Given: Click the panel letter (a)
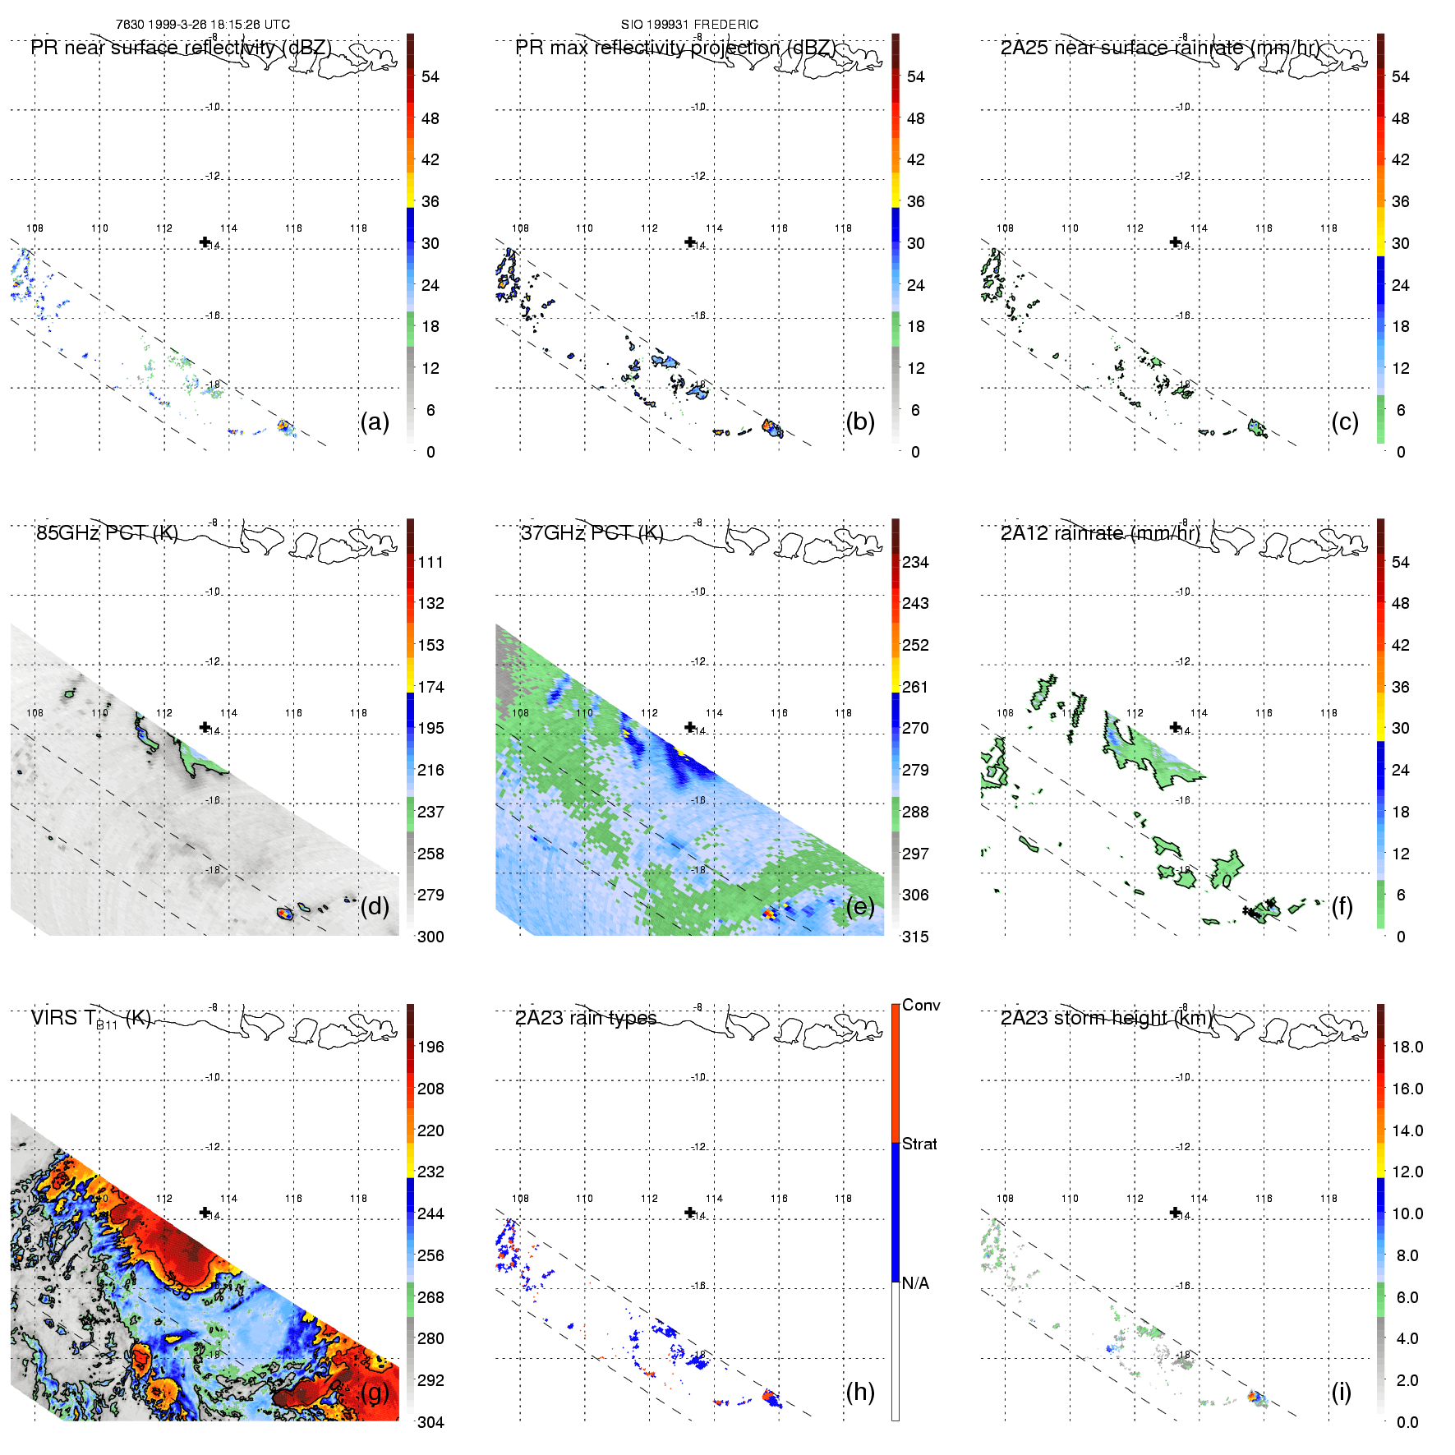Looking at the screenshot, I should pyautogui.click(x=374, y=422).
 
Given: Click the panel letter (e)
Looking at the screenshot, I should pyautogui.click(x=859, y=907).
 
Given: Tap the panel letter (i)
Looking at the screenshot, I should pyautogui.click(x=1341, y=1392).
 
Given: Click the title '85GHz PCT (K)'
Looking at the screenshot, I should pyautogui.click(x=107, y=532).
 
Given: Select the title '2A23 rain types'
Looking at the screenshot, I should pyautogui.click(x=586, y=1018).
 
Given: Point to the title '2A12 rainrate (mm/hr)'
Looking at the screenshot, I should pyautogui.click(x=1100, y=532).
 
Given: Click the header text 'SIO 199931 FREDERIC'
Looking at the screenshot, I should pyautogui.click(x=689, y=25).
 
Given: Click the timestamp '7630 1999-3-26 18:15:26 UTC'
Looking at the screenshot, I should pyautogui.click(x=203, y=25).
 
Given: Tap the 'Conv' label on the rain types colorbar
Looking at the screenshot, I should pyautogui.click(x=921, y=1005).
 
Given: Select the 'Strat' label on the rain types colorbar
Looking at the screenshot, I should pyautogui.click(x=919, y=1144).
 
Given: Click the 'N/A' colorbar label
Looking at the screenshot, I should pyautogui.click(x=915, y=1282).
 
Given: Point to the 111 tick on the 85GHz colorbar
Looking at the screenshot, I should pyautogui.click(x=431, y=562).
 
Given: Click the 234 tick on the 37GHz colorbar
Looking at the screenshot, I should pyautogui.click(x=915, y=562).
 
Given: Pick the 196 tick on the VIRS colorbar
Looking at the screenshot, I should pyautogui.click(x=431, y=1047).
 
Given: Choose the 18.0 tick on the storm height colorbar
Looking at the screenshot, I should pyautogui.click(x=1407, y=1047).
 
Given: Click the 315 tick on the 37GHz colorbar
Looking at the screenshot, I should pyautogui.click(x=915, y=937).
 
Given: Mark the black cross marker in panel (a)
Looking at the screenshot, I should pyautogui.click(x=205, y=242).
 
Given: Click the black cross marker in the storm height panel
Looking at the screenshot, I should pyautogui.click(x=1175, y=1212).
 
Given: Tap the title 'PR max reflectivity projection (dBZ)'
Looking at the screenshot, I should pyautogui.click(x=675, y=48).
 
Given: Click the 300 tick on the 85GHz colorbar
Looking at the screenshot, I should pyautogui.click(x=431, y=937).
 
